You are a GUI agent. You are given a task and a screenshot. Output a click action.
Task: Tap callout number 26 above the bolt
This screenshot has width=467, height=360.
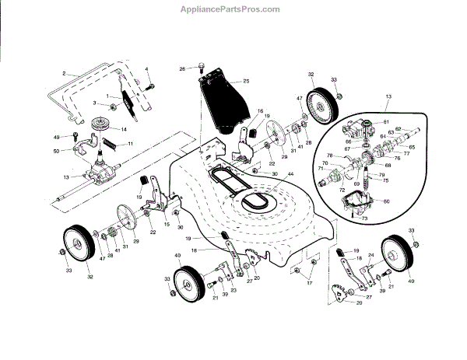pos(182,69)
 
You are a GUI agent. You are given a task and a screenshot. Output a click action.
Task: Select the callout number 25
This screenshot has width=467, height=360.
pos(246,82)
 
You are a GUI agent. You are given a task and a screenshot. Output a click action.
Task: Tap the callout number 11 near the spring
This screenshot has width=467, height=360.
pos(131,145)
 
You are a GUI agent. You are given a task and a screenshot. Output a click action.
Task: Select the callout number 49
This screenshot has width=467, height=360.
pos(56,137)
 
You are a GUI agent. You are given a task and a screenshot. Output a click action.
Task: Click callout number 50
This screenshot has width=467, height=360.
pos(56,149)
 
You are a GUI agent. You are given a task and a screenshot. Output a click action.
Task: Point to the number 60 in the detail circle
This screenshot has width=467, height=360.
pos(387,201)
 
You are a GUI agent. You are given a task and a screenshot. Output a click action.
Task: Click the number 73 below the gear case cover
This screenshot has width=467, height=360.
pos(363,220)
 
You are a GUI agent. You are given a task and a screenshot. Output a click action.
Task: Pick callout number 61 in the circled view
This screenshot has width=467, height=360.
pos(384,123)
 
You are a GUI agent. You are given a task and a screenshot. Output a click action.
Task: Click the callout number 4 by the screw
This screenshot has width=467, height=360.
pos(146,70)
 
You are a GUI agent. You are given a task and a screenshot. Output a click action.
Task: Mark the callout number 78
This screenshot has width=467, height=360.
pos(329,156)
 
